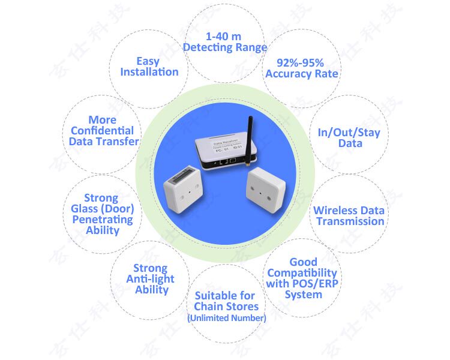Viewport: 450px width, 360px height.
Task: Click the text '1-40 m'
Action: pyautogui.click(x=224, y=37)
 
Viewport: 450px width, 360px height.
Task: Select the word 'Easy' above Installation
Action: pyautogui.click(x=148, y=61)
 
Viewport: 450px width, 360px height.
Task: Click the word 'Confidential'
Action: pyautogui.click(x=102, y=130)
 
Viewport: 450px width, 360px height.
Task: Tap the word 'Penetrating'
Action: pyautogui.click(x=101, y=220)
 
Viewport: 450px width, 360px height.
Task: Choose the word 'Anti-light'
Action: pyautogui.click(x=150, y=278)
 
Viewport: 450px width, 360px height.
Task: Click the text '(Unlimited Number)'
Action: pyautogui.click(x=226, y=318)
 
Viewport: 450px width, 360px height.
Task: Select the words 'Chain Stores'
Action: pyautogui.click(x=226, y=306)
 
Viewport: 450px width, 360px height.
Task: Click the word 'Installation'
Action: pyautogui.click(x=149, y=72)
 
